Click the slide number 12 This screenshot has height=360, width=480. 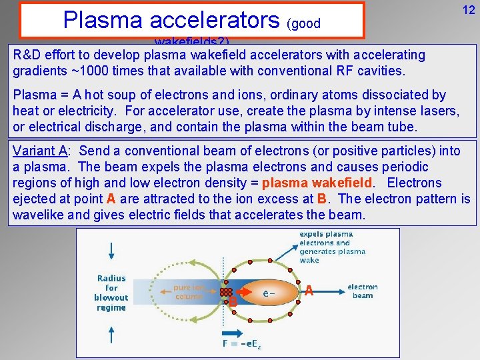[x=469, y=10]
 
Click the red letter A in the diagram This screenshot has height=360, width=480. [x=309, y=290]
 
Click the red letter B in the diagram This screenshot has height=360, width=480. [x=233, y=302]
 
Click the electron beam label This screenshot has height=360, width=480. [x=363, y=291]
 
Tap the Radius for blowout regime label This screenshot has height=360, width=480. [x=111, y=293]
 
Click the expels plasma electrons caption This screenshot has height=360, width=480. [x=333, y=247]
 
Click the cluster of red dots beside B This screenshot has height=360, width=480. [x=227, y=293]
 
